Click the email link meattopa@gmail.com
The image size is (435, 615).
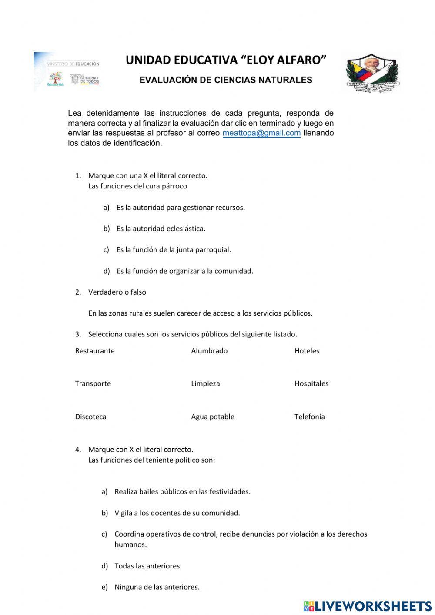261,133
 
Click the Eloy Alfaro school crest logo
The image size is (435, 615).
372,73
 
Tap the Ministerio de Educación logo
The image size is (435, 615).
67,72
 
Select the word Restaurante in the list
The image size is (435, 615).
95,351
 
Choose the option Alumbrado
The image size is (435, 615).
209,351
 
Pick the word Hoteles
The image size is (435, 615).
307,351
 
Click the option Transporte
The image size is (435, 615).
93,383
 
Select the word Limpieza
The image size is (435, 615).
205,383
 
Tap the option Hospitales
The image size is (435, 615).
311,383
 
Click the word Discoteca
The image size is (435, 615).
90,417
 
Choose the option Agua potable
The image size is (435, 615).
213,417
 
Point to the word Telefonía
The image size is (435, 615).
309,417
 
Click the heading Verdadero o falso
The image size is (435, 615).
117,292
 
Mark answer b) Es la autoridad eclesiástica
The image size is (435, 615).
161,229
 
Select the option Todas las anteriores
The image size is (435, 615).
147,566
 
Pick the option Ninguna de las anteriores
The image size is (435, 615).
157,587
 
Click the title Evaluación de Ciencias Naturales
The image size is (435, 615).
226,80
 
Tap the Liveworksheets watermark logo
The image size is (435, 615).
368,606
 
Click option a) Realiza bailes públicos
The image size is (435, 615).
182,492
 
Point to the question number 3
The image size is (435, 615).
78,334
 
